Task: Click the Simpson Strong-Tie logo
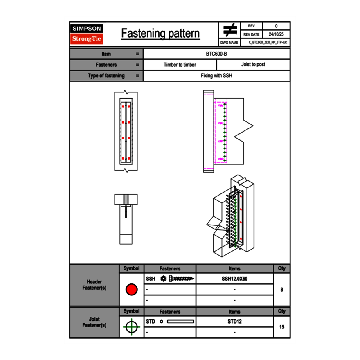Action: pyautogui.click(x=87, y=34)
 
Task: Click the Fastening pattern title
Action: pyautogui.click(x=160, y=34)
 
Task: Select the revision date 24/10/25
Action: pyautogui.click(x=276, y=34)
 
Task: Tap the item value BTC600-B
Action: pyautogui.click(x=216, y=54)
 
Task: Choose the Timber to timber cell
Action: pyautogui.click(x=180, y=65)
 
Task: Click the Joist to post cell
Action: pyautogui.click(x=253, y=65)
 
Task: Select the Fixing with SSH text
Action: pyautogui.click(x=216, y=76)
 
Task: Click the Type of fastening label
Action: pyautogui.click(x=106, y=76)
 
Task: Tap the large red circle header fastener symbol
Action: pyautogui.click(x=131, y=290)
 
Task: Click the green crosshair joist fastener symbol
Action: pyautogui.click(x=131, y=327)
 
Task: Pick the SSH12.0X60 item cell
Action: pyautogui.click(x=234, y=279)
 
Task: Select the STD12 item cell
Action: pyautogui.click(x=234, y=322)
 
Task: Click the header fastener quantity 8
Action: pyautogui.click(x=281, y=290)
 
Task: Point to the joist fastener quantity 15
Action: pyautogui.click(x=281, y=327)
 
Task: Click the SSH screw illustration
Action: pyautogui.click(x=178, y=279)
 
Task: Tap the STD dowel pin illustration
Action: pyautogui.click(x=178, y=322)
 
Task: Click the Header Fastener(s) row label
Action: pyautogui.click(x=94, y=285)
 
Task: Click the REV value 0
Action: pyautogui.click(x=276, y=26)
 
